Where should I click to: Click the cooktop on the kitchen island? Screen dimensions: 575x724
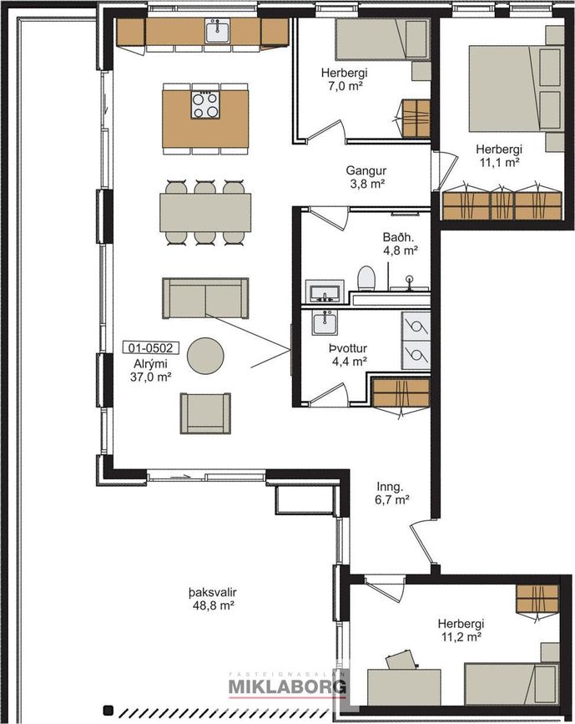pyautogui.click(x=205, y=105)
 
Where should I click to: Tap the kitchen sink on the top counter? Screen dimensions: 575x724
pyautogui.click(x=218, y=31)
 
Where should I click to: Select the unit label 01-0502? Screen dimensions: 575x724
pyautogui.click(x=150, y=347)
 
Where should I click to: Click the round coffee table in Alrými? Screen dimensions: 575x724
pyautogui.click(x=205, y=356)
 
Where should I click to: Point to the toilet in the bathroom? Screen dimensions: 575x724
pyautogui.click(x=367, y=278)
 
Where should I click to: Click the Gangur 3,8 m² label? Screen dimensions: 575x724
pyautogui.click(x=366, y=177)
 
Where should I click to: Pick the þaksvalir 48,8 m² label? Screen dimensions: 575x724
pyautogui.click(x=213, y=599)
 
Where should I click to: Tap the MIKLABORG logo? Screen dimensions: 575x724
pyautogui.click(x=287, y=686)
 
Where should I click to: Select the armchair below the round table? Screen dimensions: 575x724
pyautogui.click(x=205, y=413)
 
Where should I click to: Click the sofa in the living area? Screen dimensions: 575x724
pyautogui.click(x=205, y=298)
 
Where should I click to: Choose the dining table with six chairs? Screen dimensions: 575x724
pyautogui.click(x=205, y=212)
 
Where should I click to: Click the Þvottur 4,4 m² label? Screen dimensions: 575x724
pyautogui.click(x=349, y=355)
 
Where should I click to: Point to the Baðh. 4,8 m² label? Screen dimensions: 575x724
pyautogui.click(x=400, y=244)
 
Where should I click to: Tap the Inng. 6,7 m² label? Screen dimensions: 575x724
pyautogui.click(x=392, y=493)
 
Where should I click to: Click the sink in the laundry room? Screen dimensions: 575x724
pyautogui.click(x=325, y=322)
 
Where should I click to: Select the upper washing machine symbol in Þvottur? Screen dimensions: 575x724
pyautogui.click(x=416, y=327)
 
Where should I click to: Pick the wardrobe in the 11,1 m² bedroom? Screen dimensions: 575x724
pyautogui.click(x=502, y=205)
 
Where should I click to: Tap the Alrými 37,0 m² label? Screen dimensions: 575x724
pyautogui.click(x=150, y=370)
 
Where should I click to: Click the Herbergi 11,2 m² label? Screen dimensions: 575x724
pyautogui.click(x=461, y=630)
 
